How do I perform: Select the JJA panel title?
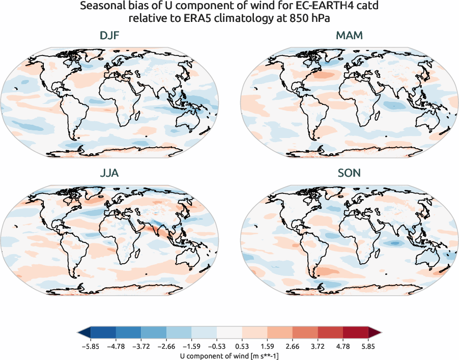(x=110, y=173)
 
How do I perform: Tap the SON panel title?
(x=349, y=173)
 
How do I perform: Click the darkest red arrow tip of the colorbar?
(x=376, y=334)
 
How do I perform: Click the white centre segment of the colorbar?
(x=230, y=334)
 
